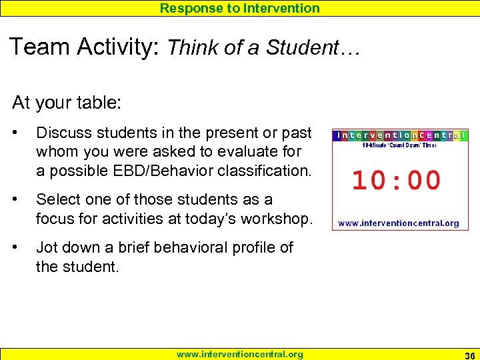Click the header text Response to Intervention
coord(239,8)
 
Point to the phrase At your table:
coord(59,103)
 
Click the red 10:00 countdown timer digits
coord(396,181)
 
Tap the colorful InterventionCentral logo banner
coord(399,135)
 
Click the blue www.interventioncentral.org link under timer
coord(399,223)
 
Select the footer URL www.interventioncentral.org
coord(239,354)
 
